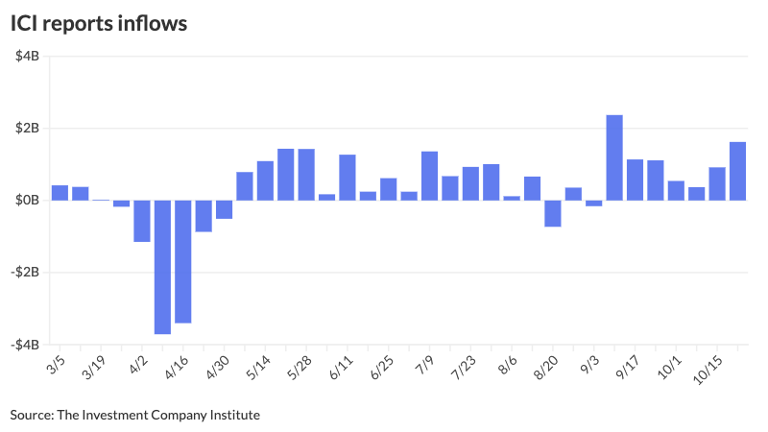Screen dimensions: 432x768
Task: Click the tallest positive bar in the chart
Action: tap(614, 157)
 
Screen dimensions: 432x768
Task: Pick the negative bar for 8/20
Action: tap(552, 213)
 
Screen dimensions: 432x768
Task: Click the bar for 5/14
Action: tap(265, 180)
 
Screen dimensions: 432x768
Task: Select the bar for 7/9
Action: tap(429, 176)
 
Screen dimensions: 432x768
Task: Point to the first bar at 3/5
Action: tap(60, 192)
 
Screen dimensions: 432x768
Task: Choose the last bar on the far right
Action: tap(737, 171)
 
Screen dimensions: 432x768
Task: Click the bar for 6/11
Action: tap(348, 178)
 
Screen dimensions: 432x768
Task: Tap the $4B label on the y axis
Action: tap(27, 57)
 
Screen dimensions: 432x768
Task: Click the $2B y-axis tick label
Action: tap(27, 129)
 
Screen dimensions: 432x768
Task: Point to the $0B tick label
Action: tap(27, 201)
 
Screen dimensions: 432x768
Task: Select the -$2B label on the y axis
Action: tap(25, 273)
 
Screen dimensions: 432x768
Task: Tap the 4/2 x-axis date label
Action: tap(136, 367)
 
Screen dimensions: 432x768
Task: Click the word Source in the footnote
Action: tap(32, 415)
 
